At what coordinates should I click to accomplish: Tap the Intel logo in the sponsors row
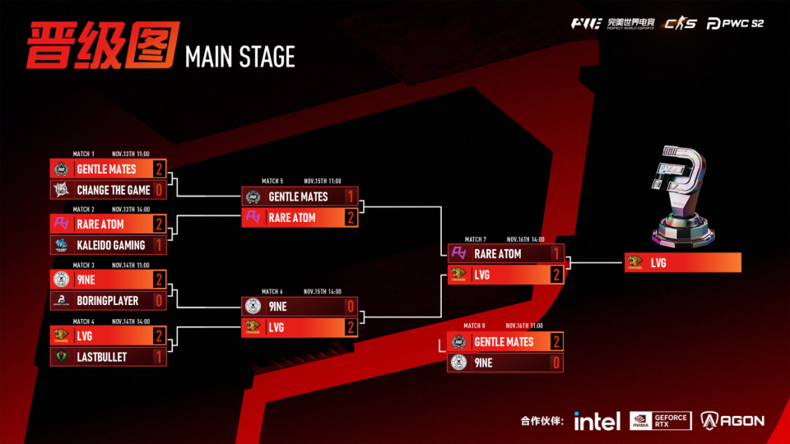click(597, 421)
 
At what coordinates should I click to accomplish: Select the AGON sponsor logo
click(732, 420)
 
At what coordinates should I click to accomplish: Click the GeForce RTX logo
click(660, 420)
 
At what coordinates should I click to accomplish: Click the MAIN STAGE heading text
click(239, 57)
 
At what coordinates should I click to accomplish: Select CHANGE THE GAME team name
click(113, 190)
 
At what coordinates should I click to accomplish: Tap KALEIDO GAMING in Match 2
click(110, 245)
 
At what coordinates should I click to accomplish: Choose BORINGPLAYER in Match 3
click(107, 300)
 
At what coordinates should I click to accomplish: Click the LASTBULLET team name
click(103, 356)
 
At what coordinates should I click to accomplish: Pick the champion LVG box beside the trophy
click(683, 263)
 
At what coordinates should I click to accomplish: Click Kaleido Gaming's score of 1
click(159, 245)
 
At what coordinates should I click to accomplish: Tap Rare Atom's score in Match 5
click(351, 218)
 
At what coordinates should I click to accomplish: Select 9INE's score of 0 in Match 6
click(351, 306)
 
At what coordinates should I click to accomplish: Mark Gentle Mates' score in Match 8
click(556, 341)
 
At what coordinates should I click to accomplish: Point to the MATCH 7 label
click(475, 239)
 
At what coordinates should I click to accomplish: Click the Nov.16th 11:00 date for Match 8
click(525, 326)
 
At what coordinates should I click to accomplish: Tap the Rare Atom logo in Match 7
click(459, 254)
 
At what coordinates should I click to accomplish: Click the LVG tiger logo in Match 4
click(61, 335)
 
